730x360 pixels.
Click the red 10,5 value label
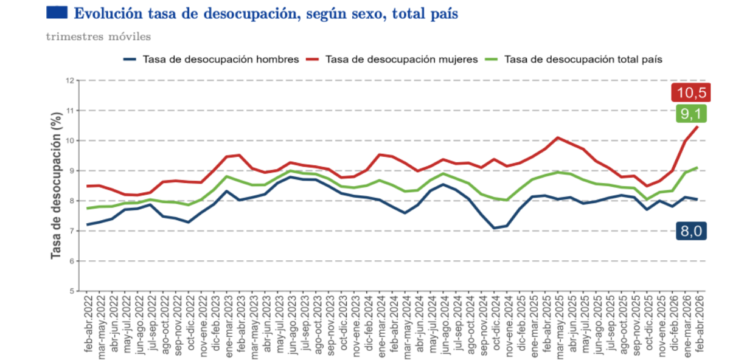coord(690,92)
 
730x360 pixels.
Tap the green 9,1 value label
coord(691,114)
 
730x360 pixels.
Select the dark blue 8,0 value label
coord(691,231)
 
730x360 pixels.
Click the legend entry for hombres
coord(211,60)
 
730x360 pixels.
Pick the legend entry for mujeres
coord(392,60)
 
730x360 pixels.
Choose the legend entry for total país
coord(573,60)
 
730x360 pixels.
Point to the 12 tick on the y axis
coord(70,80)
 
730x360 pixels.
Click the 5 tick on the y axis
coord(72,291)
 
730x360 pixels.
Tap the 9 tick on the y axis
coord(72,171)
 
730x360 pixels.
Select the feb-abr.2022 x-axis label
coord(88,324)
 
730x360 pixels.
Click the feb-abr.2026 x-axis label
coord(699,324)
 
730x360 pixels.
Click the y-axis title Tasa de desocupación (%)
coord(56,185)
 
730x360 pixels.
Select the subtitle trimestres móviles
coord(99,36)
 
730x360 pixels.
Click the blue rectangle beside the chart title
coord(57,12)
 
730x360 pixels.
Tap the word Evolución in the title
coord(108,14)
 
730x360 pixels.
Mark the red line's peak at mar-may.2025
coord(558,137)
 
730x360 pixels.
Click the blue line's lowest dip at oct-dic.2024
coord(495,228)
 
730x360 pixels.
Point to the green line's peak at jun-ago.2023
coord(291,171)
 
